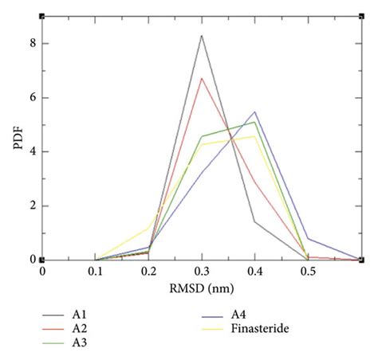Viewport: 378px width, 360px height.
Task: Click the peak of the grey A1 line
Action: [x=202, y=35]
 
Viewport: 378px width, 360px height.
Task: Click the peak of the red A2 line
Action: [x=202, y=78]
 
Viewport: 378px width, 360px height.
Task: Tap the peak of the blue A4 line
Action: [x=255, y=112]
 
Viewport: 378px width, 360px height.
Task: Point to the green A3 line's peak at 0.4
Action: [x=255, y=122]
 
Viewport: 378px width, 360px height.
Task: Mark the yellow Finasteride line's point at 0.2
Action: [x=148, y=228]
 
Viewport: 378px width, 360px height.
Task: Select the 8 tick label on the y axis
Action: [x=32, y=44]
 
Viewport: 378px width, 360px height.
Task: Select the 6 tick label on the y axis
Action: [x=32, y=98]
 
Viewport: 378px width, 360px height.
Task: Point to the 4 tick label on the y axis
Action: [x=32, y=152]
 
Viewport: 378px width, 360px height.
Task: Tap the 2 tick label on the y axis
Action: [x=32, y=205]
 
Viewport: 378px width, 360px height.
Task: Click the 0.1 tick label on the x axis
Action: [x=95, y=272]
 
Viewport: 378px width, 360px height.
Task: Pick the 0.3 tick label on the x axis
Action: [x=202, y=272]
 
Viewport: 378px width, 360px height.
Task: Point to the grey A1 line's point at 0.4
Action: [x=255, y=221]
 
